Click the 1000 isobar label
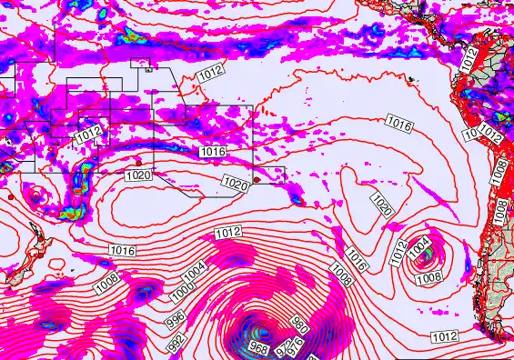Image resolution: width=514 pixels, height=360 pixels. tap(183, 289)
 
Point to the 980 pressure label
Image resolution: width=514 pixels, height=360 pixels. tap(300, 322)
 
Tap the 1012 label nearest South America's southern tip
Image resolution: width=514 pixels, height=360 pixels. tap(444, 336)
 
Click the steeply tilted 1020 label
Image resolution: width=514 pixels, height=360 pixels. tap(382, 204)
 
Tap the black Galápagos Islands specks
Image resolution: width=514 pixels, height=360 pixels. tap(414, 80)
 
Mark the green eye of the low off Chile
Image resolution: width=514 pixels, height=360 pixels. tap(425, 258)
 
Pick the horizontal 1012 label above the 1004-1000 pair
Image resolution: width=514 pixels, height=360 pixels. tap(228, 234)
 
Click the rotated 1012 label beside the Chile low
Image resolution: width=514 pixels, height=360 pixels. tap(398, 251)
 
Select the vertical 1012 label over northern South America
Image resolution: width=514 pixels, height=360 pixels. tap(469, 59)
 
